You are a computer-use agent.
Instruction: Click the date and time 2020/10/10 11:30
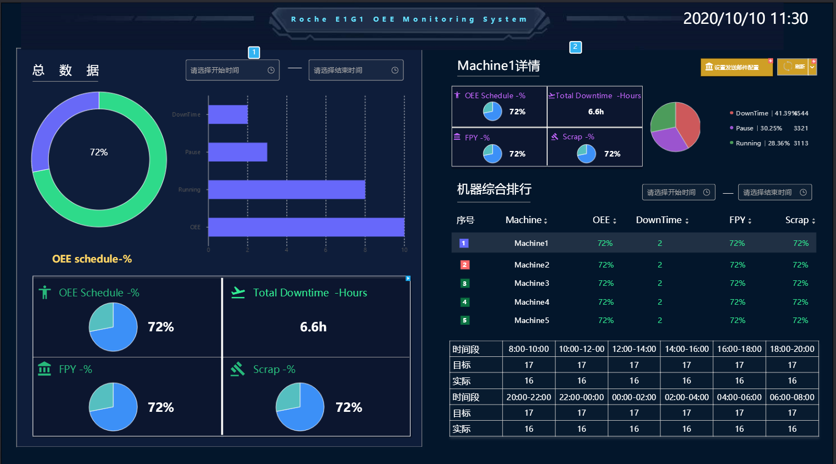(x=745, y=18)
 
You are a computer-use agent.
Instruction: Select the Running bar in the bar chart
(x=286, y=189)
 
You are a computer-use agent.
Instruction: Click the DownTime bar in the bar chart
(x=228, y=114)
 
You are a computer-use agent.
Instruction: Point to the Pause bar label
(x=193, y=152)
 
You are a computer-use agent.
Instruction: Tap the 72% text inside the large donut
(x=99, y=152)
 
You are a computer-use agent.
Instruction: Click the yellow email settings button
(x=736, y=67)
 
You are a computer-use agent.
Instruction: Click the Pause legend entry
(x=744, y=128)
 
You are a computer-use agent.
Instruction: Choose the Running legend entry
(x=748, y=143)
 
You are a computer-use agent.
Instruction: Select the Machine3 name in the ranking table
(x=532, y=283)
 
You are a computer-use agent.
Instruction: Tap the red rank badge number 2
(x=465, y=265)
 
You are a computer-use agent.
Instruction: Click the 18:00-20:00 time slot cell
(x=792, y=349)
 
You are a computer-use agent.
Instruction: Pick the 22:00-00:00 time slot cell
(x=581, y=397)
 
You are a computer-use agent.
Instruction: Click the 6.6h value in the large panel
(x=313, y=327)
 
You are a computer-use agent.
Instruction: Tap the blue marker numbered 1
(x=254, y=53)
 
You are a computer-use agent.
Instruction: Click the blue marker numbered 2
(x=575, y=47)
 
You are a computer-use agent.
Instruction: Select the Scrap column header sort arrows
(x=814, y=221)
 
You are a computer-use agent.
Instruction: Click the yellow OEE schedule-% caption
(x=92, y=259)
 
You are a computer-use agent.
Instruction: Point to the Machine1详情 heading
(x=498, y=66)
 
